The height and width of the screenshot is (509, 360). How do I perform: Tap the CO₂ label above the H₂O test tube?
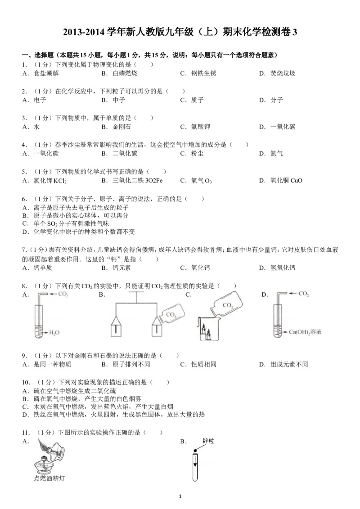63,294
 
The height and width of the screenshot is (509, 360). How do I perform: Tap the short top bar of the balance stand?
136,292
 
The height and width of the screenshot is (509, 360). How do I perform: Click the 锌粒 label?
209,442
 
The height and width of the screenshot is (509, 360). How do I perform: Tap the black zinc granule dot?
196,451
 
